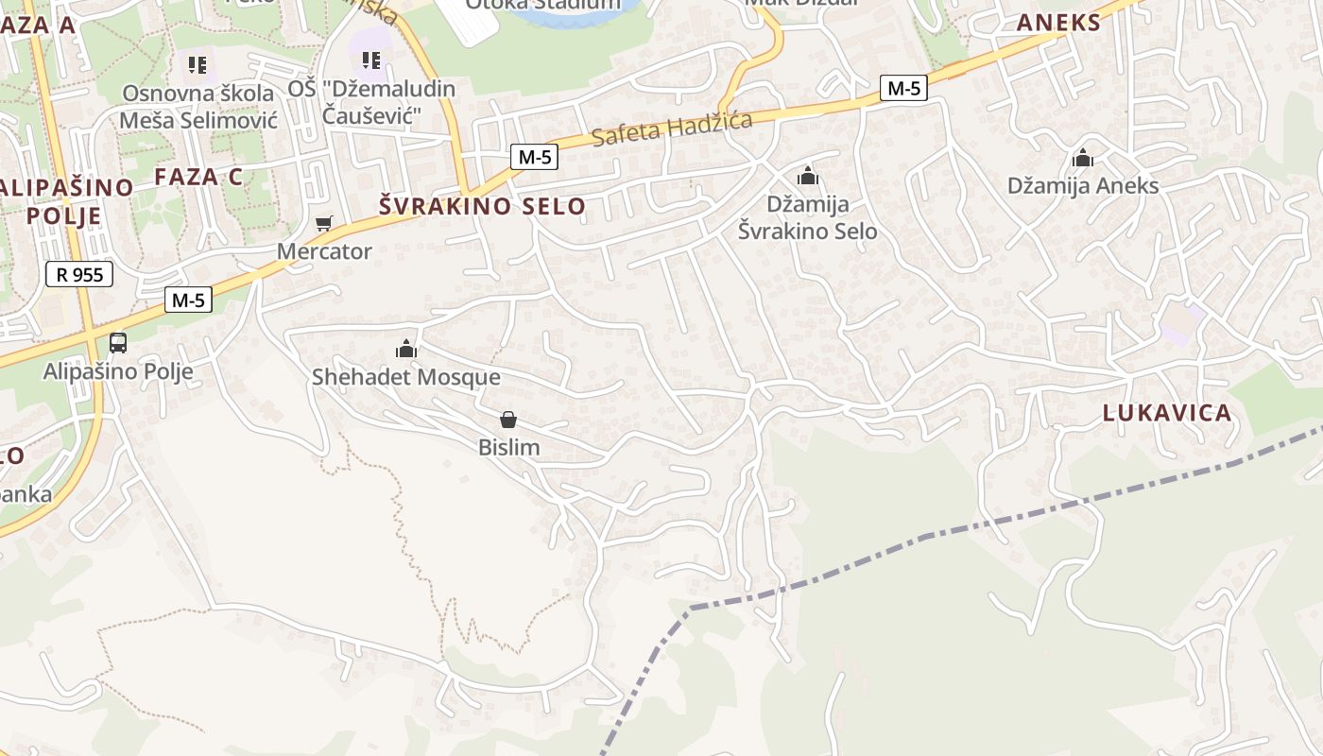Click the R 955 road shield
[79, 275]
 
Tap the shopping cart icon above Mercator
[324, 224]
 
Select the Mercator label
[324, 251]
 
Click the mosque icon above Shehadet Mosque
[406, 350]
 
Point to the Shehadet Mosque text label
[406, 377]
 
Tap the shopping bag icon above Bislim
[508, 420]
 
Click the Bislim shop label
[509, 447]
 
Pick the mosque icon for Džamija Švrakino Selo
[807, 176]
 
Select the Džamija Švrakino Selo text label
[807, 217]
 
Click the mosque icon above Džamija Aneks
[1083, 158]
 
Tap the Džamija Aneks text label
[1083, 185]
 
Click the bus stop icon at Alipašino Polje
[118, 343]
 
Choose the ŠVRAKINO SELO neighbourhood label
[482, 206]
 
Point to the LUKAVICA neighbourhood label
[1168, 413]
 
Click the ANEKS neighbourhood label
[1058, 24]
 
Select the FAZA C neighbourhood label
[198, 177]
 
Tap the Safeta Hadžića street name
[672, 128]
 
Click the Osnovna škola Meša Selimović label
[198, 106]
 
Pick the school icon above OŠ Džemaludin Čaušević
[371, 60]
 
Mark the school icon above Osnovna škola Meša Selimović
[197, 64]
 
